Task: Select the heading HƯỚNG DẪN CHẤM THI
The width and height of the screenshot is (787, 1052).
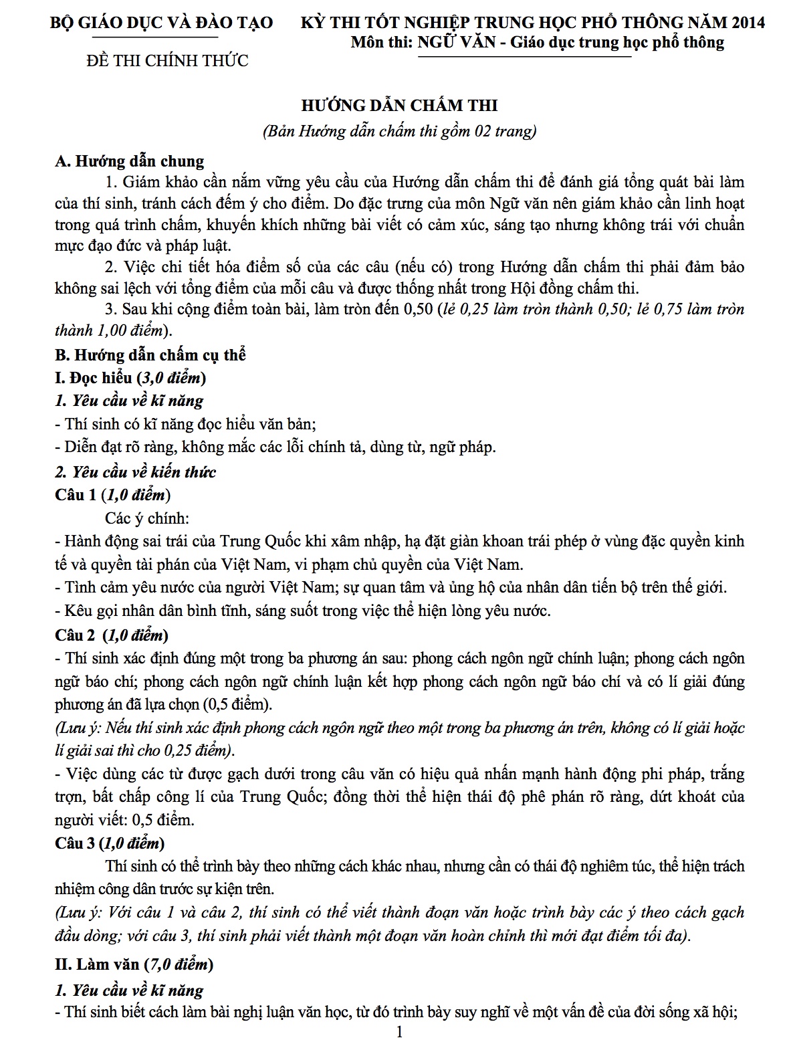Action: (x=399, y=106)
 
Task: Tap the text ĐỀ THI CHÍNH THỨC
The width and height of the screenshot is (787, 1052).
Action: (x=168, y=61)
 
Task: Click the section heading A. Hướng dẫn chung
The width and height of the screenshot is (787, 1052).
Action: (x=130, y=161)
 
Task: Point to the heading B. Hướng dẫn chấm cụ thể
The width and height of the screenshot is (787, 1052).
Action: (x=150, y=354)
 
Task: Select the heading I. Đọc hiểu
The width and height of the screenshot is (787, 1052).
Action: (x=130, y=378)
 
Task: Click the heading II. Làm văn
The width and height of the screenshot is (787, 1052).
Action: (x=134, y=964)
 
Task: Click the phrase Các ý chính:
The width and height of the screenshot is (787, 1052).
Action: (x=146, y=518)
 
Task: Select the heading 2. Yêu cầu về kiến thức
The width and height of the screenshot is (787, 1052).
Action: (x=136, y=471)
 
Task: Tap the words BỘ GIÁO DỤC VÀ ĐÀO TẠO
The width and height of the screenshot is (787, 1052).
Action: (x=162, y=23)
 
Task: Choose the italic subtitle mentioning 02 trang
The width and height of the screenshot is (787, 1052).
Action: (x=400, y=131)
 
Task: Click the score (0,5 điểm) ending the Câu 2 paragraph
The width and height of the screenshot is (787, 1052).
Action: (x=237, y=705)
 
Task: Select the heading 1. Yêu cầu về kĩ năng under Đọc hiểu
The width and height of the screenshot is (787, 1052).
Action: (x=129, y=401)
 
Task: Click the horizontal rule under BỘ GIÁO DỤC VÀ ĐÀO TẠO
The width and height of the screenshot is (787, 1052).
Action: (x=162, y=37)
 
